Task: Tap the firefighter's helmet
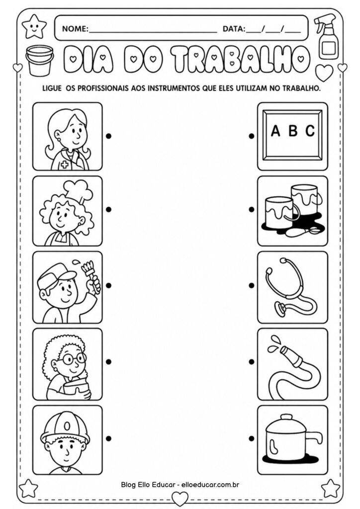click(66, 429)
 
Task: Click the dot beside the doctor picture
click(108, 135)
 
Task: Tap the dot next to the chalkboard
click(252, 135)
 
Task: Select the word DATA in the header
click(234, 29)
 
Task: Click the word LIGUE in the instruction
click(49, 89)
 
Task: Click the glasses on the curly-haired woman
click(74, 358)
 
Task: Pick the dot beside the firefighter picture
click(108, 438)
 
